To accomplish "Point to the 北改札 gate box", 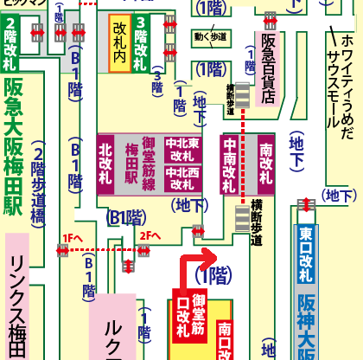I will tap(106, 164).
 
